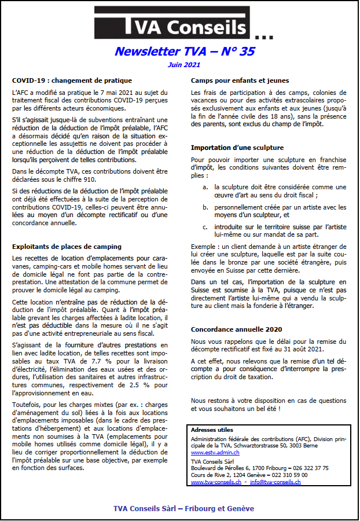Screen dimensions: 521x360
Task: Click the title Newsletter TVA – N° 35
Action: [184, 52]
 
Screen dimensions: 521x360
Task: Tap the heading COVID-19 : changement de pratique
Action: [72, 80]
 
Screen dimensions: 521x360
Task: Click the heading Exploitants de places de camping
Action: [67, 247]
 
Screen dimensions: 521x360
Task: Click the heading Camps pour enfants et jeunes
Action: [240, 80]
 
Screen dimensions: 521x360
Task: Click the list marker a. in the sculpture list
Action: [205, 187]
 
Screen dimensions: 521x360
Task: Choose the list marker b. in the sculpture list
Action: [205, 207]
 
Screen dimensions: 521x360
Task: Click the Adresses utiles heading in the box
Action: [212, 430]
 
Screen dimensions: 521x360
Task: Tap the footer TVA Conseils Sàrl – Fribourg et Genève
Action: [183, 509]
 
